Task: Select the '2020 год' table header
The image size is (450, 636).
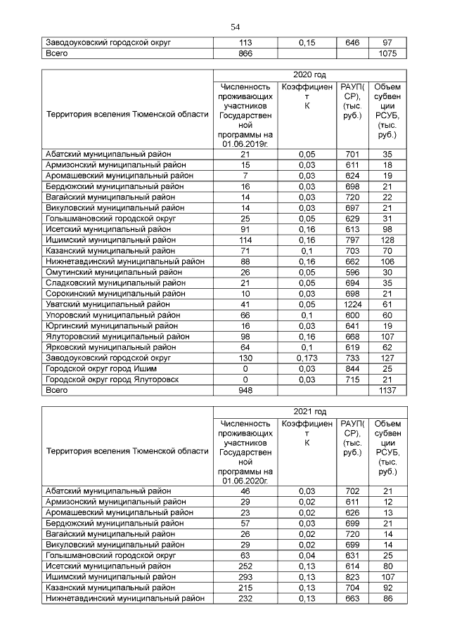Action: tap(309, 74)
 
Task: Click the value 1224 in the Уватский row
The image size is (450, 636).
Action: tap(352, 304)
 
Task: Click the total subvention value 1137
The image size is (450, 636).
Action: tap(387, 389)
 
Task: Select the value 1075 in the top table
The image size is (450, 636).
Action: tap(387, 53)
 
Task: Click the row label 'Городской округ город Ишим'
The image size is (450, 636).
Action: tap(101, 368)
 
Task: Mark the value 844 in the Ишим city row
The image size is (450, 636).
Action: tap(352, 368)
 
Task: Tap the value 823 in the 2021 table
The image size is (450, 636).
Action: tap(352, 576)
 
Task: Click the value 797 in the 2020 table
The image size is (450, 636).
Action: tap(352, 240)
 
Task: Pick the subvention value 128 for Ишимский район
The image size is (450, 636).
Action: tap(387, 240)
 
